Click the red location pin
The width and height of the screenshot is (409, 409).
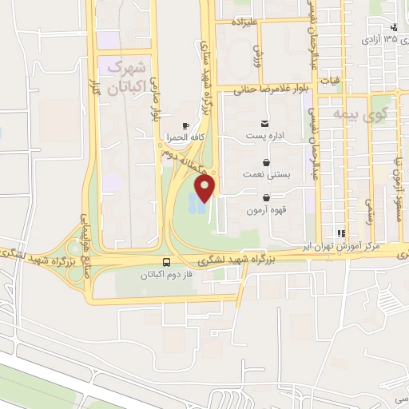click(205, 189)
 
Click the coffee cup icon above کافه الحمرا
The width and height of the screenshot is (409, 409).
click(186, 125)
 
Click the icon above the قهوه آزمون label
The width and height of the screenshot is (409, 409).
click(265, 198)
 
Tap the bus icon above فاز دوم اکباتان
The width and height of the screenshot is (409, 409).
click(166, 262)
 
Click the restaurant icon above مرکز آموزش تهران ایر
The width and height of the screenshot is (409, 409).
click(341, 233)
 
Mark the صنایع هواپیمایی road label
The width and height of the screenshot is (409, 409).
click(82, 235)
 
